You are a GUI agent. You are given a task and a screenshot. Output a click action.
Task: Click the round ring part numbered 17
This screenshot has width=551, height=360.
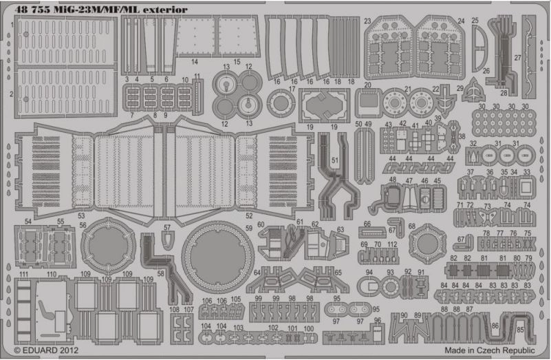[281, 103]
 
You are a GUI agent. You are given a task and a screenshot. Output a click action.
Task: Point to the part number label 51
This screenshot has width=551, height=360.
[335, 160]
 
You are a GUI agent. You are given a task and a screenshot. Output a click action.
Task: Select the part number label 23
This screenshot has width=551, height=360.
[368, 21]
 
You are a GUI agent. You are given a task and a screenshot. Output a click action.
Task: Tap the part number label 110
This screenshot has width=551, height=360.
[52, 275]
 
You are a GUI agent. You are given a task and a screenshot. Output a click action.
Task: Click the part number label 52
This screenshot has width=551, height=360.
[243, 215]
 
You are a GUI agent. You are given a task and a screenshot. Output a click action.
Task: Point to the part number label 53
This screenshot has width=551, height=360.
[81, 215]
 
